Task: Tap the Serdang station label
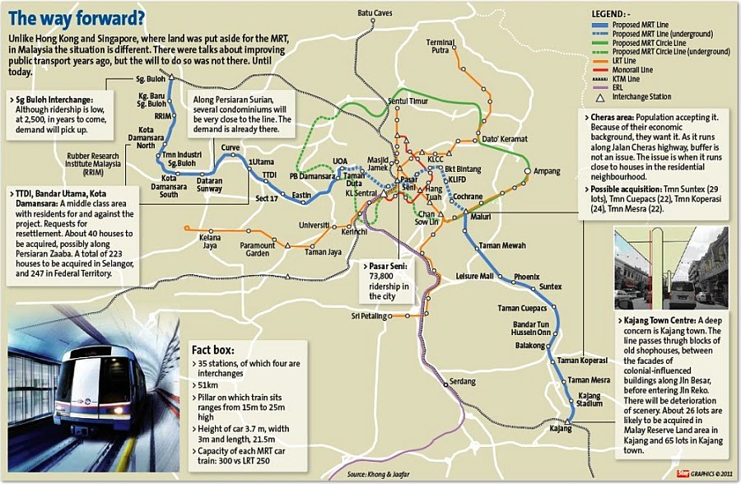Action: pos(462,382)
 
